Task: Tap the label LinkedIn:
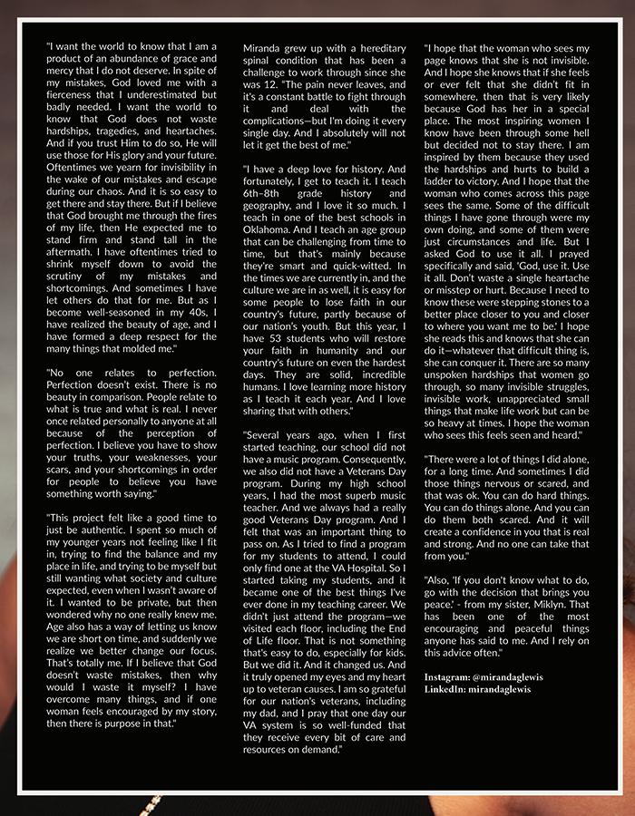click(447, 689)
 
